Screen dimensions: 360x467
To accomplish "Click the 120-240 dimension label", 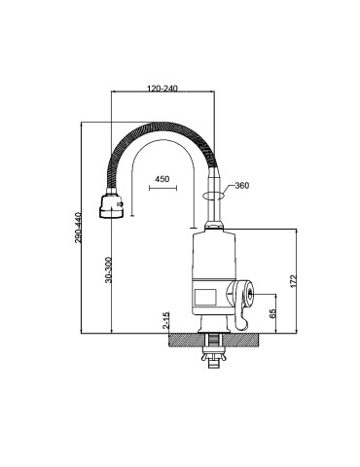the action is (162, 89).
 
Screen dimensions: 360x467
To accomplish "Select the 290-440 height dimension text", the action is (79, 228).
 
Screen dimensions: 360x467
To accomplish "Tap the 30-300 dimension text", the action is (109, 269).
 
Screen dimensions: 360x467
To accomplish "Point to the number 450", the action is (162, 179).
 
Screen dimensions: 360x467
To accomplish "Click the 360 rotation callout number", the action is (242, 186).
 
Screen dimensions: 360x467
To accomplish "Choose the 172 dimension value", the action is (293, 281).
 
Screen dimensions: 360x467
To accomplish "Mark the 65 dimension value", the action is (272, 313).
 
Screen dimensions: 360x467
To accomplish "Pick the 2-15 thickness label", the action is (166, 320).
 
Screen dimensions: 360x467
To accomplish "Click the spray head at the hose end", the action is (112, 206).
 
